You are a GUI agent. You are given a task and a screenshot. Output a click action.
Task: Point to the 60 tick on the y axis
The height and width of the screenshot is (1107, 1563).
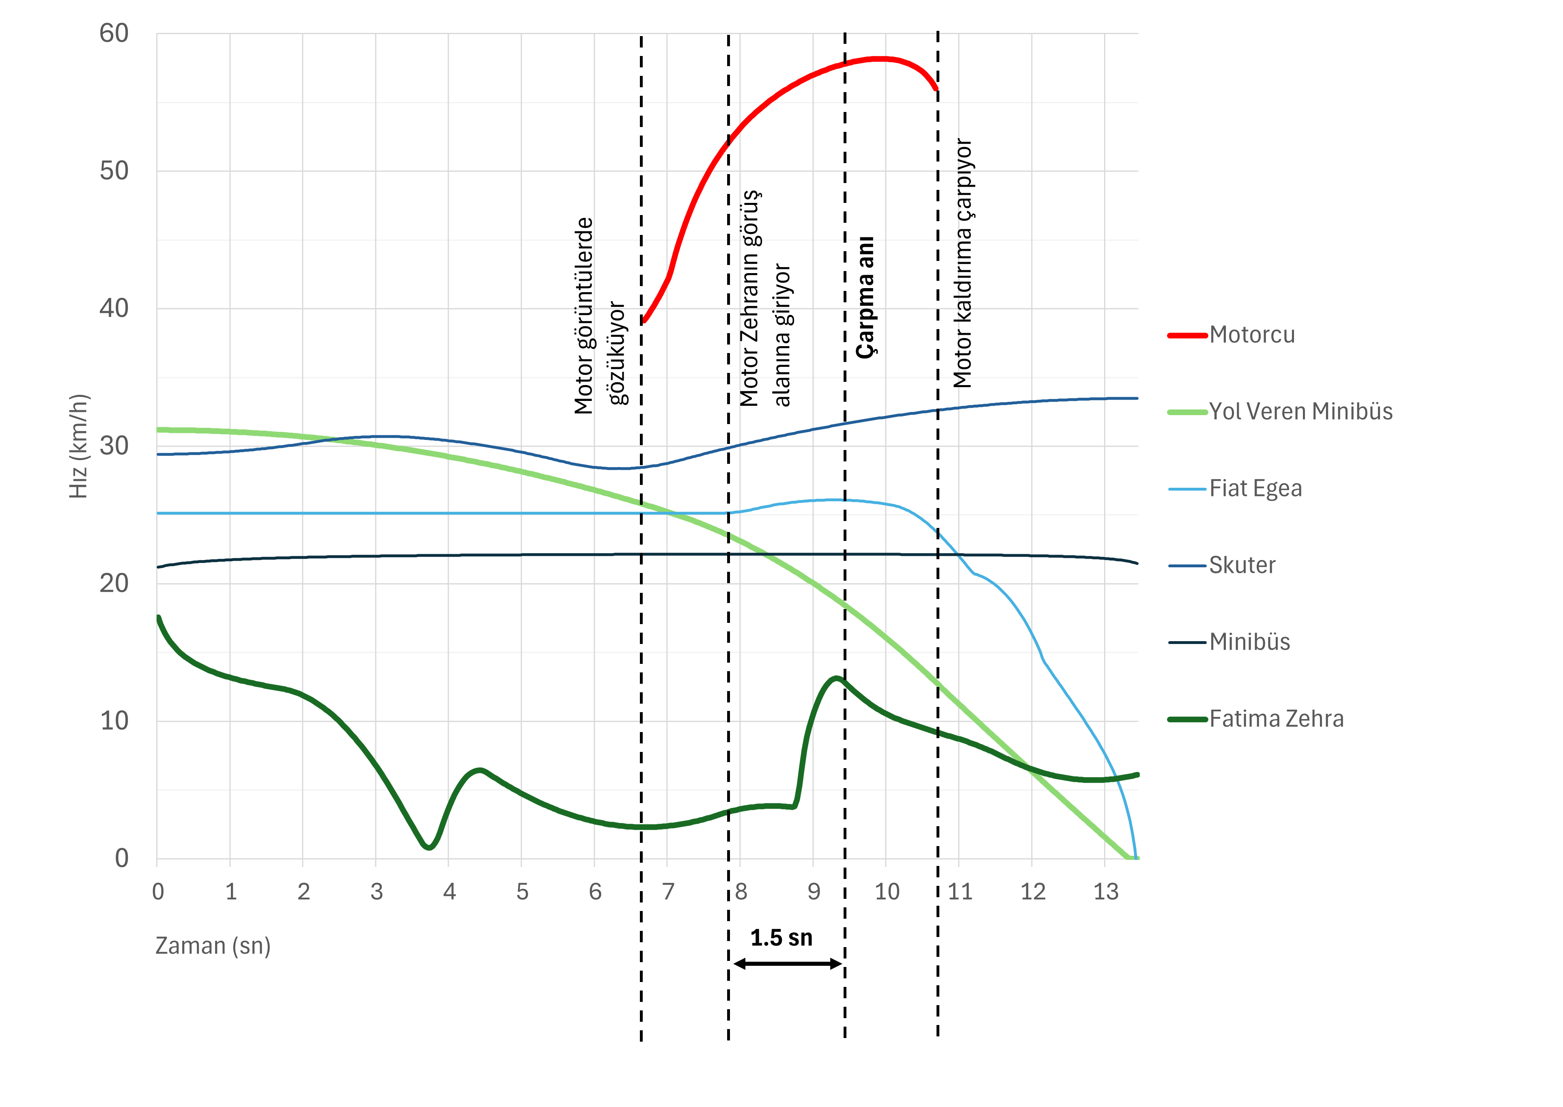click(114, 33)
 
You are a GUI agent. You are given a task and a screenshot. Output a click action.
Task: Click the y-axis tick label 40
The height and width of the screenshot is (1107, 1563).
click(114, 308)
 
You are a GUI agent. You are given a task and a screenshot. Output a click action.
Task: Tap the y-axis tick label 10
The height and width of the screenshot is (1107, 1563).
click(114, 721)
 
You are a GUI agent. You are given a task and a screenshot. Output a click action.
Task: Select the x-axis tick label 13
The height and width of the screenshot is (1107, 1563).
click(1106, 892)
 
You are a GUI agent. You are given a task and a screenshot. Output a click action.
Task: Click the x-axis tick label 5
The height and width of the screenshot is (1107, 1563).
click(522, 892)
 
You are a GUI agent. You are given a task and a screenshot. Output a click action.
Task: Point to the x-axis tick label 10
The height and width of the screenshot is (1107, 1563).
click(887, 892)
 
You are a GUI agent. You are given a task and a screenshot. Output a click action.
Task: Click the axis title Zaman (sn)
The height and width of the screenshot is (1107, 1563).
click(213, 946)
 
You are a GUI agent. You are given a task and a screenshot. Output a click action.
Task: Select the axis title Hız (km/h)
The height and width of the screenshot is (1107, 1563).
click(79, 446)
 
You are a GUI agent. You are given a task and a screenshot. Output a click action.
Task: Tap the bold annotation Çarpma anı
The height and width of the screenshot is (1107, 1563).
click(865, 297)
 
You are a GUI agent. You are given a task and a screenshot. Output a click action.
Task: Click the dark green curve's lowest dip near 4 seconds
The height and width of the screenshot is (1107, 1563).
click(429, 846)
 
